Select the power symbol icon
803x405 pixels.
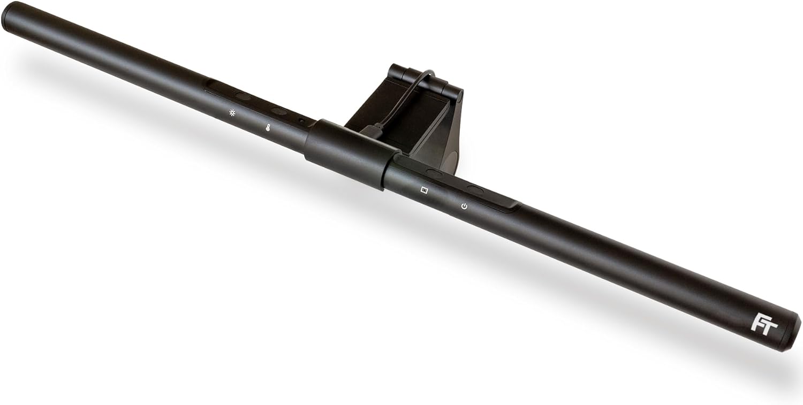point(464,207)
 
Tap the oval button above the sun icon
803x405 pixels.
point(243,97)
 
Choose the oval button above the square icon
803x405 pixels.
point(435,172)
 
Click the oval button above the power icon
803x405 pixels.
point(475,189)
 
